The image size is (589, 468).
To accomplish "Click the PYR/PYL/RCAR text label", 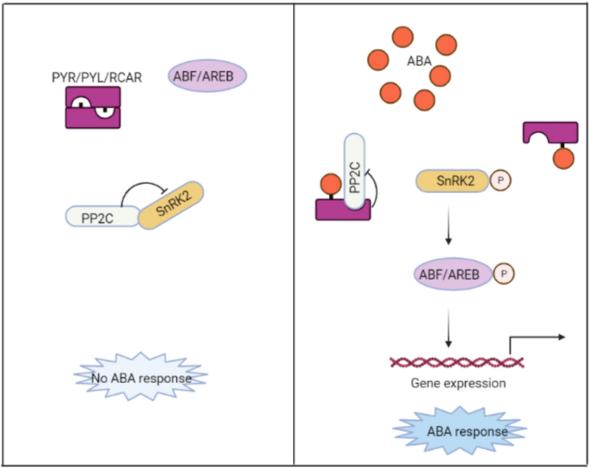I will [x=95, y=77].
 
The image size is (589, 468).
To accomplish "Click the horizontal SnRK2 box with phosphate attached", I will [x=451, y=179].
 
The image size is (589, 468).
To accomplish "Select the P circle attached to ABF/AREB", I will [x=506, y=274].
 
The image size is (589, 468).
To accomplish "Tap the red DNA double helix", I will [x=457, y=362].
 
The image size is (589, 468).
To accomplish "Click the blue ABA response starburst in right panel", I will [x=459, y=428].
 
